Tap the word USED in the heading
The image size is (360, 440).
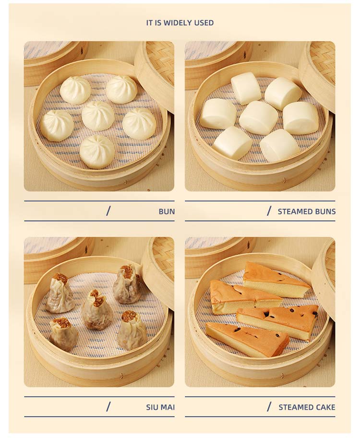pyautogui.click(x=204, y=23)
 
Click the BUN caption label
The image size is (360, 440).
pyautogui.click(x=167, y=211)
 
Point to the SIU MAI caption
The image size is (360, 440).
pyautogui.click(x=160, y=407)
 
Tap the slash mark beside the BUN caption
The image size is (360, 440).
pyautogui.click(x=108, y=211)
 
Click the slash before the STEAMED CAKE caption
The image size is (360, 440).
pyautogui.click(x=269, y=406)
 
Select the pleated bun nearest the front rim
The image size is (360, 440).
pyautogui.click(x=97, y=152)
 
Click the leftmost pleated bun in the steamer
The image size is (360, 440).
pyautogui.click(x=57, y=125)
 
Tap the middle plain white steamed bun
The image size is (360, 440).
pyautogui.click(x=258, y=117)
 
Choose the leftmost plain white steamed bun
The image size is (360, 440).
pyautogui.click(x=218, y=114)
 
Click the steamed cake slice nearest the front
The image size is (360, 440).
pyautogui.click(x=247, y=339)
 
